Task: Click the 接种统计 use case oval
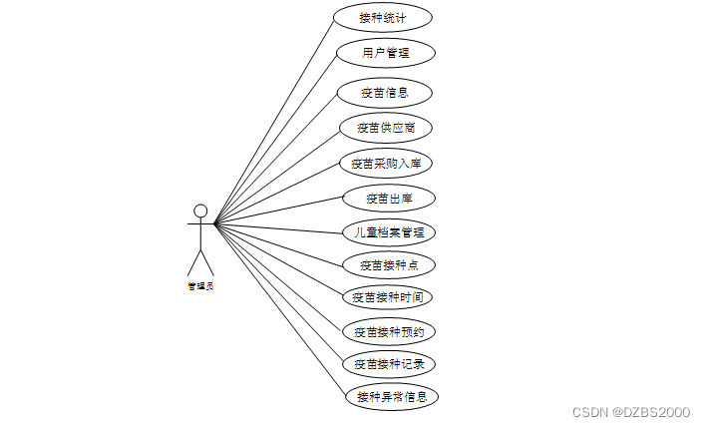click(x=383, y=17)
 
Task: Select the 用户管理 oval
click(x=385, y=52)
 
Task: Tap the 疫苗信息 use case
click(x=384, y=93)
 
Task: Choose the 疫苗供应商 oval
click(x=386, y=128)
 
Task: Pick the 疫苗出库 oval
click(x=388, y=199)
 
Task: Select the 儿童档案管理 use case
click(x=389, y=232)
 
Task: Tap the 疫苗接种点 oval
click(x=388, y=265)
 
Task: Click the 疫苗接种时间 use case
click(x=388, y=297)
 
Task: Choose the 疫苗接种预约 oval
click(x=389, y=331)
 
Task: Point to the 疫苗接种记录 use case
click(x=389, y=363)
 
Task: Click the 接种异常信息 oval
click(x=391, y=396)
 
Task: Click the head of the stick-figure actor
click(x=200, y=211)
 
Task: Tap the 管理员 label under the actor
click(x=200, y=286)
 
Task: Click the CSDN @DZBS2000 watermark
click(x=632, y=411)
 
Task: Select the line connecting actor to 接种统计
click(x=274, y=120)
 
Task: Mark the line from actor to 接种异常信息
click(x=278, y=310)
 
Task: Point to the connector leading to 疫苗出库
click(x=279, y=211)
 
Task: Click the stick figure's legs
click(x=200, y=261)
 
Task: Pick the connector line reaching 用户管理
click(x=276, y=137)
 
